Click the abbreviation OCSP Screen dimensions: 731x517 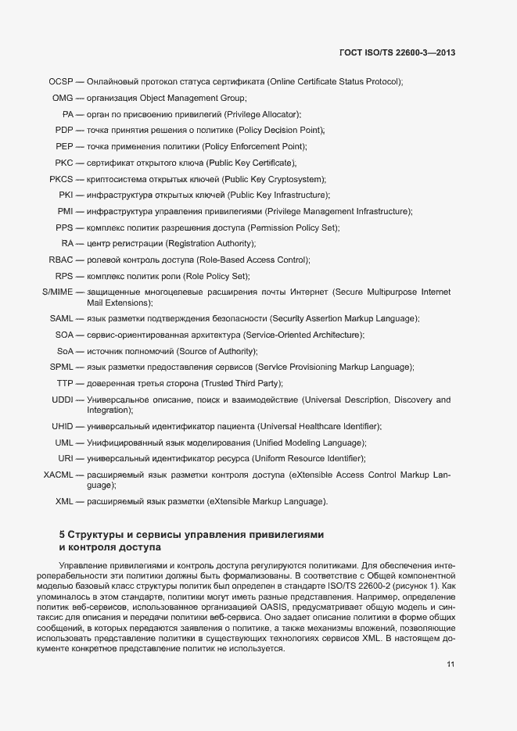tap(60, 81)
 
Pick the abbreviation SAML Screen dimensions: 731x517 tap(61, 319)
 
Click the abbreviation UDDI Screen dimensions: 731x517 tap(63, 400)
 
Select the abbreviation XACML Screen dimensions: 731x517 tap(58, 475)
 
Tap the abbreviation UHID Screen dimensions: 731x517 tap(63, 426)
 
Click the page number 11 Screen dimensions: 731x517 tap(451, 664)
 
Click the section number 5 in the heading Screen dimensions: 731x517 tap(63, 535)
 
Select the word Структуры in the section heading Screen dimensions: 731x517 tap(98, 535)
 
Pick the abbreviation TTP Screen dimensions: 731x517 tap(65, 383)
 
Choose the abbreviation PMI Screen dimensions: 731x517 tap(65, 211)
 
